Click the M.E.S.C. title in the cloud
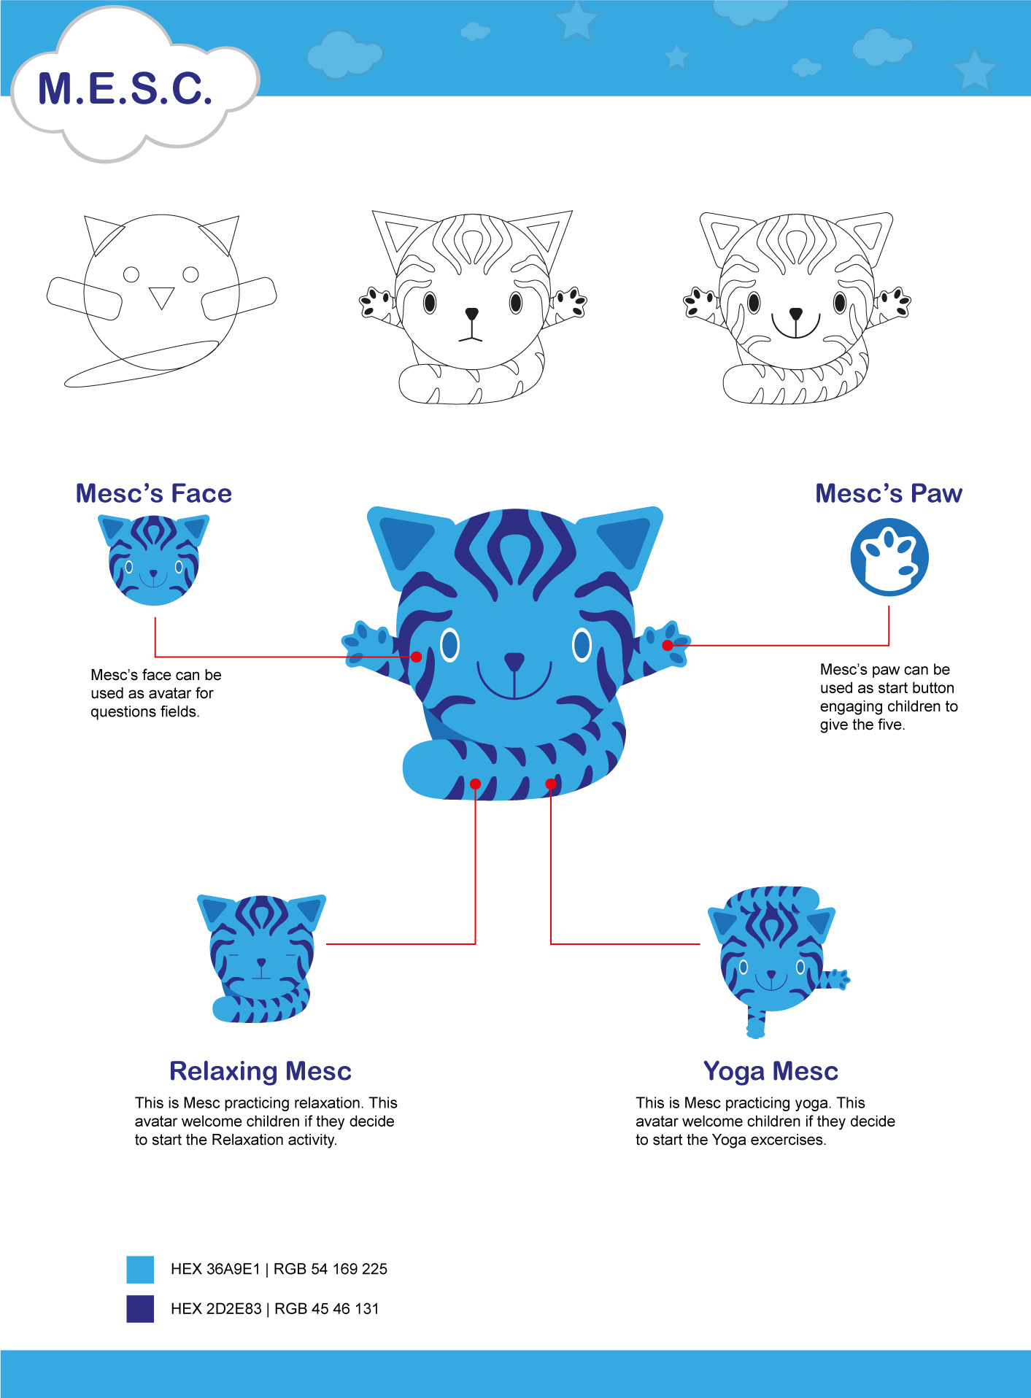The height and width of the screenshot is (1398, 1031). [125, 89]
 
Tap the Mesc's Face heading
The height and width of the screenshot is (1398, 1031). [154, 494]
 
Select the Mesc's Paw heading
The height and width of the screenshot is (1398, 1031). [889, 494]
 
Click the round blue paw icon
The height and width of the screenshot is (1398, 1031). [889, 557]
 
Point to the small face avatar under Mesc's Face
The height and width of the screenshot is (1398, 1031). [153, 560]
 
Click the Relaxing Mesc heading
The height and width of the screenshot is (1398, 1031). [260, 1071]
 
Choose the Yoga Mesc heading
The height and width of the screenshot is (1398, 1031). [771, 1071]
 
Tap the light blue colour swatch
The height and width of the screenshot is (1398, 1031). [140, 1270]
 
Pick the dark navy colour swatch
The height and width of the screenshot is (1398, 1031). [140, 1309]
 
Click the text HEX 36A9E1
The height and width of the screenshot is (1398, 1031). [215, 1270]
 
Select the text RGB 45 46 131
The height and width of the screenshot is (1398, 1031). [327, 1309]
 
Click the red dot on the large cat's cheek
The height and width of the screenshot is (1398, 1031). [417, 657]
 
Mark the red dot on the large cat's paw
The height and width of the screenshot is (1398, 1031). [668, 646]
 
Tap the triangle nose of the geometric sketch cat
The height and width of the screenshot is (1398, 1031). [161, 296]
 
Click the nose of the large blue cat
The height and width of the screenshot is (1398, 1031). [514, 661]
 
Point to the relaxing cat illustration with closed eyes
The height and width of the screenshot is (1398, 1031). [261, 958]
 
